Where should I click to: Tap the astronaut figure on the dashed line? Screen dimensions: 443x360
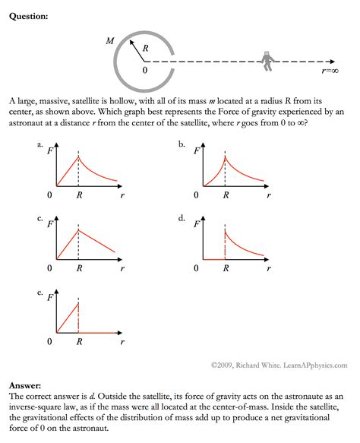pos(267,61)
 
